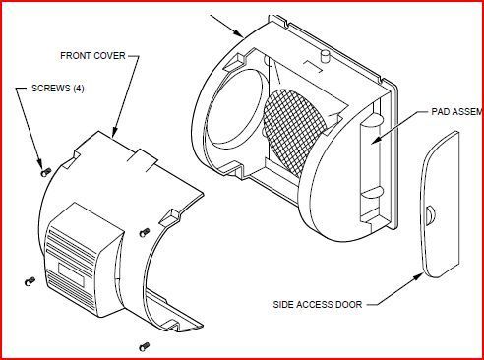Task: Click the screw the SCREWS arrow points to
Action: click(45, 170)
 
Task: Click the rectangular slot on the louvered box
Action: click(72, 265)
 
